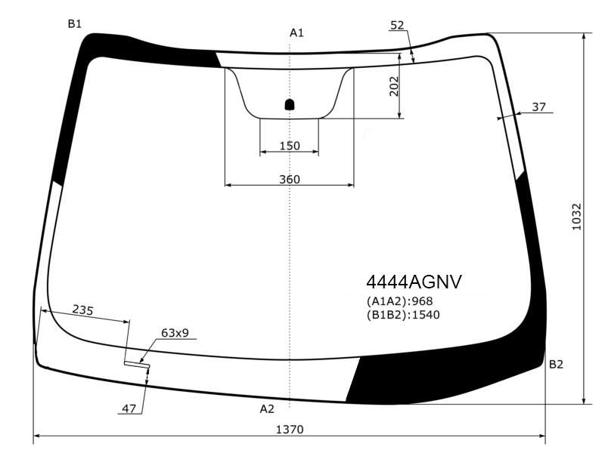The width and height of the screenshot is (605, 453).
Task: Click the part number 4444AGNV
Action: coord(414,282)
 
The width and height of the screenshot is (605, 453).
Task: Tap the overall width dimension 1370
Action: coord(290,429)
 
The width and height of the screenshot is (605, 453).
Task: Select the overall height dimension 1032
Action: coord(576,217)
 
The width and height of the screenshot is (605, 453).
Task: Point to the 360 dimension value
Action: coord(290,179)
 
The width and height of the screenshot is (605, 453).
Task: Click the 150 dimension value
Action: coord(290,146)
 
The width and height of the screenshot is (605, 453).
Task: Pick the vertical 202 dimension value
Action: coord(393,86)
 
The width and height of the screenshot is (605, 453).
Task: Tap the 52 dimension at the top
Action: coord(397,25)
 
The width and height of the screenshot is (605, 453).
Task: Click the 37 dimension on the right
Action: coord(538,106)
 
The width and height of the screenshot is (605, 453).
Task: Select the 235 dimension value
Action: coord(83,310)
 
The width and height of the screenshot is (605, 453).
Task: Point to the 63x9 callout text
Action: coord(175,332)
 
